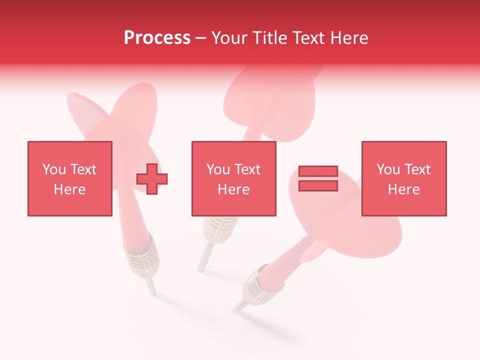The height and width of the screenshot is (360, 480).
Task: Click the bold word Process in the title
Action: [157, 38]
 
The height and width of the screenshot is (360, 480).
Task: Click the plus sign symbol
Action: [152, 178]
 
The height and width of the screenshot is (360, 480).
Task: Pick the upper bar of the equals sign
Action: [318, 171]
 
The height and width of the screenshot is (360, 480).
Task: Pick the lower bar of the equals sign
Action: [318, 186]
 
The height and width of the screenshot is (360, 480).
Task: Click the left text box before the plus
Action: [70, 178]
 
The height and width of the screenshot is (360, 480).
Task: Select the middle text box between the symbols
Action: [233, 178]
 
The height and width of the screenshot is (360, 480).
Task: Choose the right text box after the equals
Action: [404, 178]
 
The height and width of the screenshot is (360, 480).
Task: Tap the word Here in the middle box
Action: [233, 189]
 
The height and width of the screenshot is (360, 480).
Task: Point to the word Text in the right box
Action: [417, 169]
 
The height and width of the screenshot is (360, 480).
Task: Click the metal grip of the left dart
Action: [143, 257]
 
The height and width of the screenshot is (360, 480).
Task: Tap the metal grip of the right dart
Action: [257, 285]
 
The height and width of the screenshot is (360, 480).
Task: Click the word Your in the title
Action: [230, 38]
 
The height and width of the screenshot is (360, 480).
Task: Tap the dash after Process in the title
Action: [200, 38]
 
